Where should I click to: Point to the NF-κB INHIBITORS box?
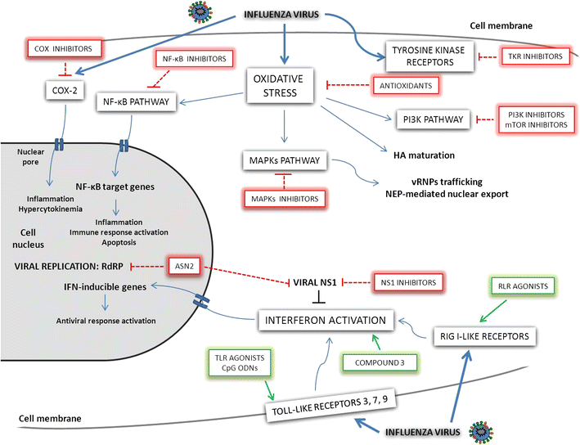[193, 59]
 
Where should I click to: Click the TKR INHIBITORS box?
[533, 56]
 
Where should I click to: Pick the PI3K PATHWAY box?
[431, 119]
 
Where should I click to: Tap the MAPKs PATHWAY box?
[286, 160]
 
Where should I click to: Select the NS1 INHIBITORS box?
[407, 282]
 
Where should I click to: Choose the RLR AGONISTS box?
[520, 285]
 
